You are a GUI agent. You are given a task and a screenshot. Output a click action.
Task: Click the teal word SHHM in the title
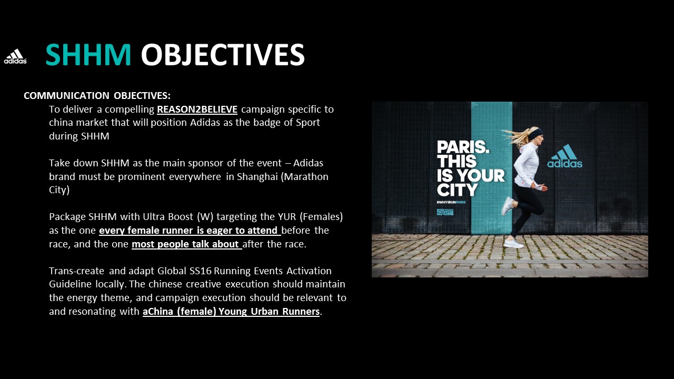tap(88, 54)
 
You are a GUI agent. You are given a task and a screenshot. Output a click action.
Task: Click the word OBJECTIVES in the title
tap(223, 54)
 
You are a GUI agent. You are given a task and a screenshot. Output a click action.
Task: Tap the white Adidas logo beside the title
tap(15, 56)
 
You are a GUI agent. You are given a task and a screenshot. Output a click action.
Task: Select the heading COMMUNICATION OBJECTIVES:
tap(97, 96)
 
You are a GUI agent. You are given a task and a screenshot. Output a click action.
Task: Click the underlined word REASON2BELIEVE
tap(197, 109)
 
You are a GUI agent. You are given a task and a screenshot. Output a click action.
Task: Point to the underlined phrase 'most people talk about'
tap(186, 244)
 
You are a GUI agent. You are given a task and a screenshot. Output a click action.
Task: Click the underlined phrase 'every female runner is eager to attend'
tap(190, 231)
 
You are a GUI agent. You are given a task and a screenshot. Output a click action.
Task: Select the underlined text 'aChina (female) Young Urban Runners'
tap(231, 311)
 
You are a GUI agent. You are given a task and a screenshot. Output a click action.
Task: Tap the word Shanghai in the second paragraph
tap(257, 176)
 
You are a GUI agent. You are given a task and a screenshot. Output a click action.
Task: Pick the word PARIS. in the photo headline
tap(463, 147)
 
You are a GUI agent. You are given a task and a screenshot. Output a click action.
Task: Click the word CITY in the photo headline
tap(457, 190)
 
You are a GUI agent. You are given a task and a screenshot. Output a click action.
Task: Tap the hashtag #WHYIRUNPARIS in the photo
tap(451, 202)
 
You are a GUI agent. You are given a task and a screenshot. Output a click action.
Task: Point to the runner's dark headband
tap(536, 134)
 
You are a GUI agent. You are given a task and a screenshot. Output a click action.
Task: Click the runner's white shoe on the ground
tap(513, 243)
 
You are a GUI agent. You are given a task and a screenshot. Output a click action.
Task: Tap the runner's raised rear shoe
tap(508, 206)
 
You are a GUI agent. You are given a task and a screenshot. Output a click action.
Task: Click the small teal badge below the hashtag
tap(445, 212)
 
